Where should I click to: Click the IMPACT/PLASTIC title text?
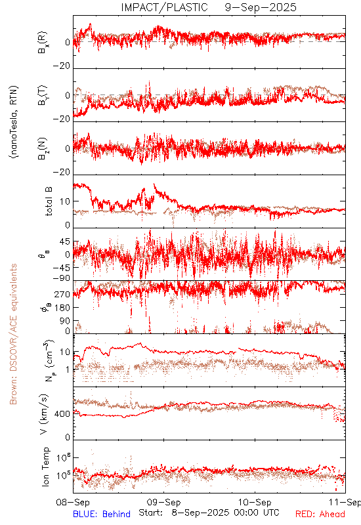[165, 7]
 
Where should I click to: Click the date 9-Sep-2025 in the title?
[261, 7]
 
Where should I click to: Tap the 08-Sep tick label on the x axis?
[73, 502]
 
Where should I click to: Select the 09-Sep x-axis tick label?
[163, 502]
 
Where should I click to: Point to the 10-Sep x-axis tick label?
[255, 502]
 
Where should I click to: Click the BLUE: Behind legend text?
[102, 514]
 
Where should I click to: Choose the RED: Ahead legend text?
[320, 514]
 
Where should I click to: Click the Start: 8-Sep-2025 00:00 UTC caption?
[209, 513]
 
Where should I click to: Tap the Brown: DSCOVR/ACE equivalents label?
[13, 334]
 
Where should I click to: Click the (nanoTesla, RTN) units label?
[14, 122]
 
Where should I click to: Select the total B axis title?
[49, 201]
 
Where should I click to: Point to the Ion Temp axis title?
[45, 467]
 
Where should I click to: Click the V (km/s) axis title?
[44, 414]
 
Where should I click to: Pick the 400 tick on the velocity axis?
[62, 414]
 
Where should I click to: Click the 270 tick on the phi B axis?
[62, 294]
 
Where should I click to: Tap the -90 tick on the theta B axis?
[62, 278]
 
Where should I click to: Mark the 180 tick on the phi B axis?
[62, 307]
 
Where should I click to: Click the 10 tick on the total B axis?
[65, 201]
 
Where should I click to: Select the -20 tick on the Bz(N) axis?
[62, 172]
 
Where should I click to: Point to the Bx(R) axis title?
[43, 42]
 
